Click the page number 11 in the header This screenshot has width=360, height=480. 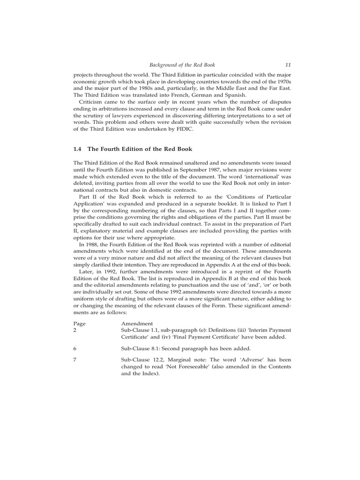pyautogui.click(x=288, y=65)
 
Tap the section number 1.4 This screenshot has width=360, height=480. pyautogui.click(x=77, y=149)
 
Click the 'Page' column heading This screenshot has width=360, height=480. pyautogui.click(x=80, y=323)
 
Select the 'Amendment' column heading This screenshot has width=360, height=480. pyautogui.click(x=137, y=323)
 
